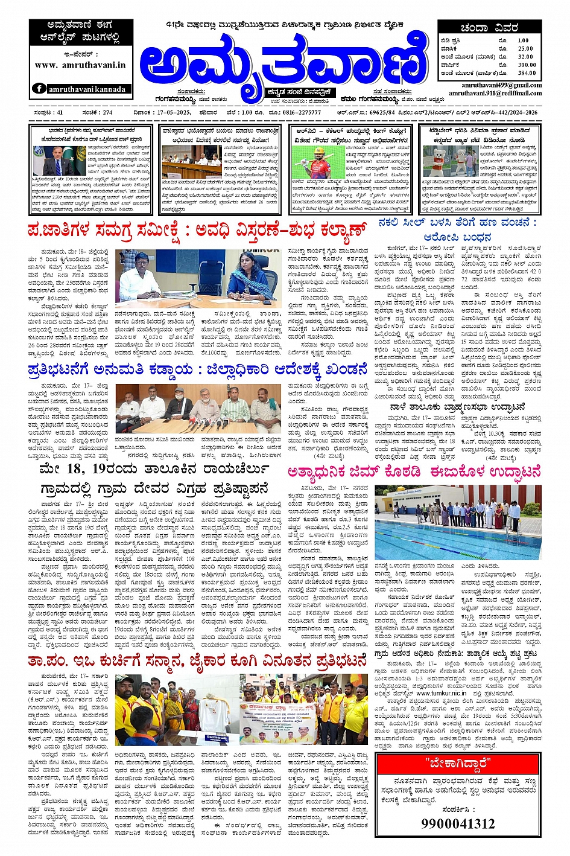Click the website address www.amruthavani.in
[x=80, y=65]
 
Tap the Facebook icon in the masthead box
[x=39, y=89]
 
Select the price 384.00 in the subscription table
[x=526, y=73]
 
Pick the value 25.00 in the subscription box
[x=525, y=49]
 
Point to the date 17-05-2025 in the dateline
[x=166, y=112]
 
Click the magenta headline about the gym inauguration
[x=414, y=472]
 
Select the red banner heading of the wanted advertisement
[x=457, y=761]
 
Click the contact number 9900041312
[x=457, y=823]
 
